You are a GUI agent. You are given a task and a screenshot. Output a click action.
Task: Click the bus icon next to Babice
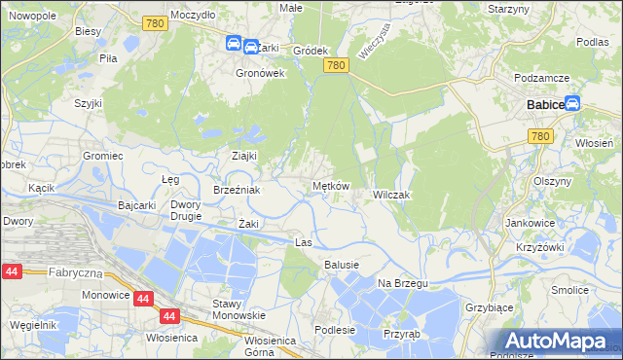point(572,103)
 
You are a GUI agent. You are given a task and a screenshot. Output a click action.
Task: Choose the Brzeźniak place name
point(237,190)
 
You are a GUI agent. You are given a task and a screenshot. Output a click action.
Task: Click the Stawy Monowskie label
point(238,309)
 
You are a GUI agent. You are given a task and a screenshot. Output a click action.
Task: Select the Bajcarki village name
point(137,206)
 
